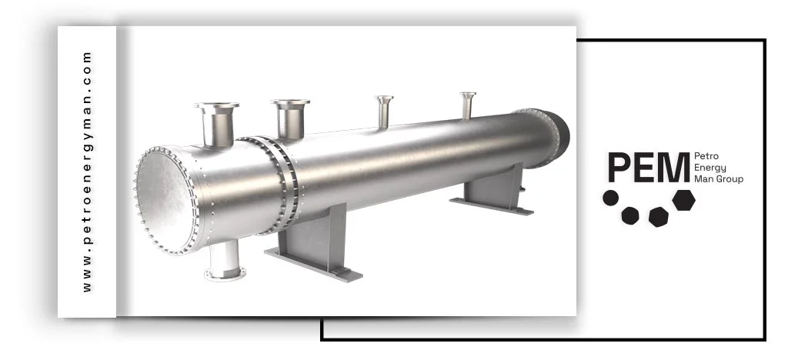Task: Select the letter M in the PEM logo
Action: point(673,168)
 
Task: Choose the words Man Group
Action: point(718,179)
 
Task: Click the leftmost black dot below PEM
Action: point(610,198)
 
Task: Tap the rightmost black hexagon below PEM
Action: point(683,199)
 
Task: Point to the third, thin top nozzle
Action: point(383,112)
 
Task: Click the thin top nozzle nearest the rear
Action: point(468,105)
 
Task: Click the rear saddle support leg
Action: point(495,188)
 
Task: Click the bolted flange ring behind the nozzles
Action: point(277,183)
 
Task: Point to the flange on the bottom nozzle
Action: point(225,272)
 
